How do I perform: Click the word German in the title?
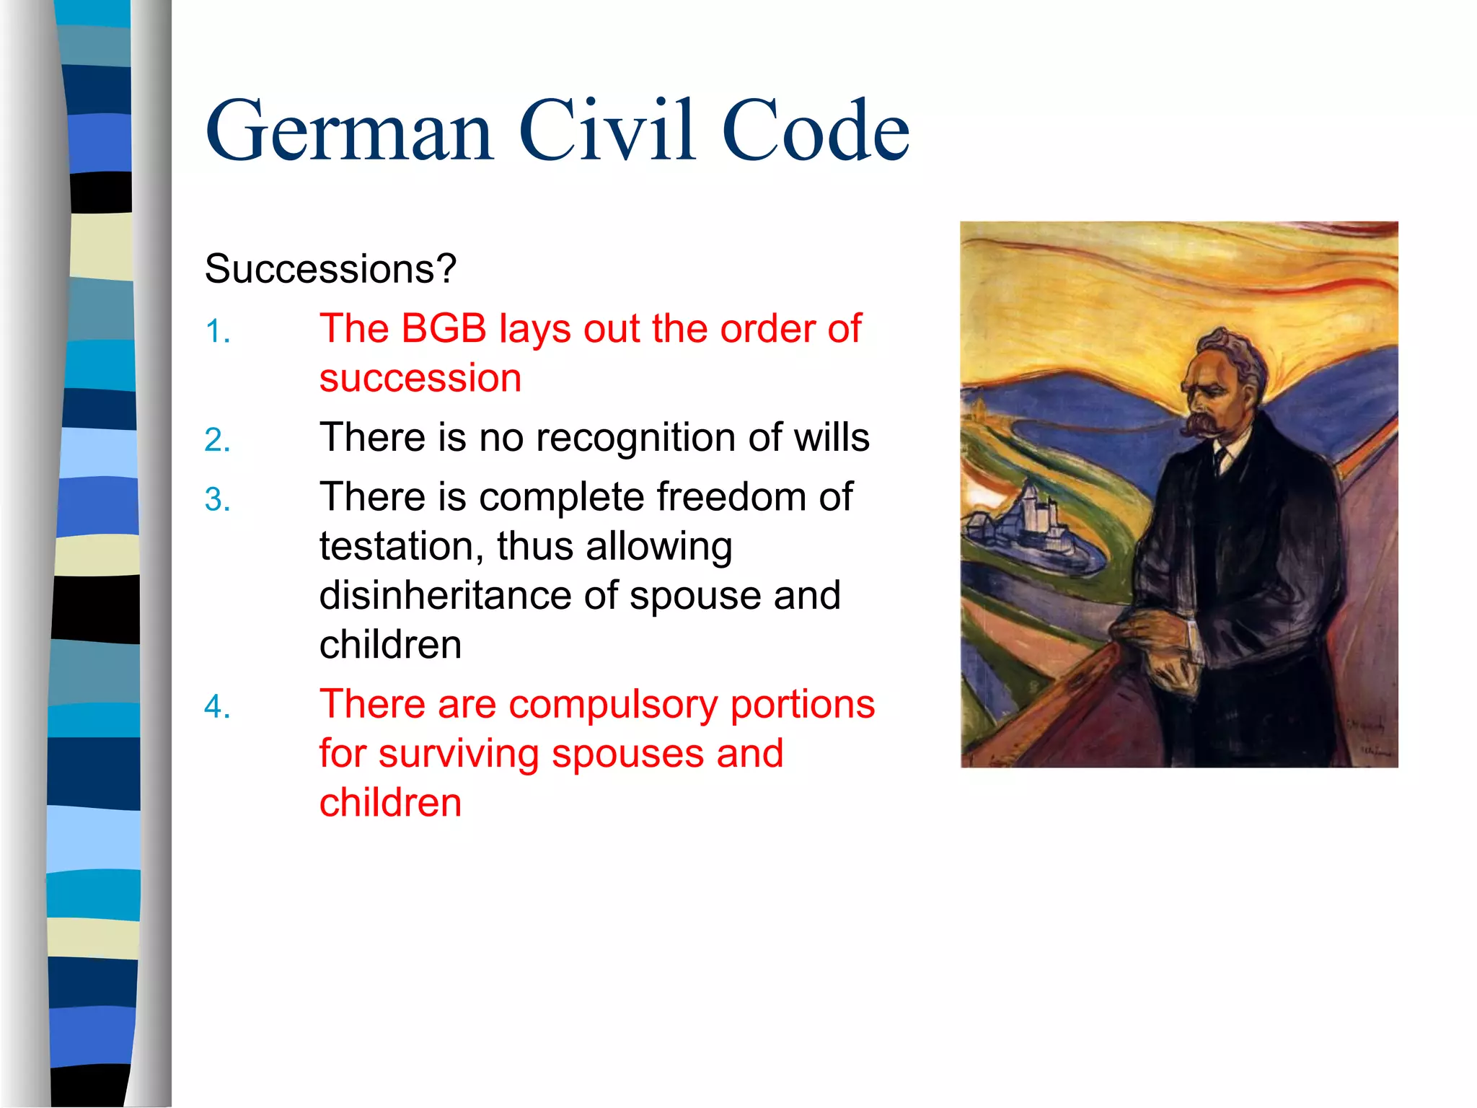pyautogui.click(x=350, y=131)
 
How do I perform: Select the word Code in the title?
pyautogui.click(x=815, y=131)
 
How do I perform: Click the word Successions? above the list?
pyautogui.click(x=330, y=269)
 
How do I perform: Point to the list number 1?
pyautogui.click(x=217, y=333)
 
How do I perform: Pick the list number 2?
pyautogui.click(x=217, y=441)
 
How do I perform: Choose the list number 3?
pyautogui.click(x=217, y=500)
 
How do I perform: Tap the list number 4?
pyautogui.click(x=217, y=707)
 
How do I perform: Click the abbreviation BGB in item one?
pyautogui.click(x=444, y=329)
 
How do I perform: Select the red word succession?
pyautogui.click(x=420, y=379)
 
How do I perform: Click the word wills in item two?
pyautogui.click(x=832, y=437)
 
